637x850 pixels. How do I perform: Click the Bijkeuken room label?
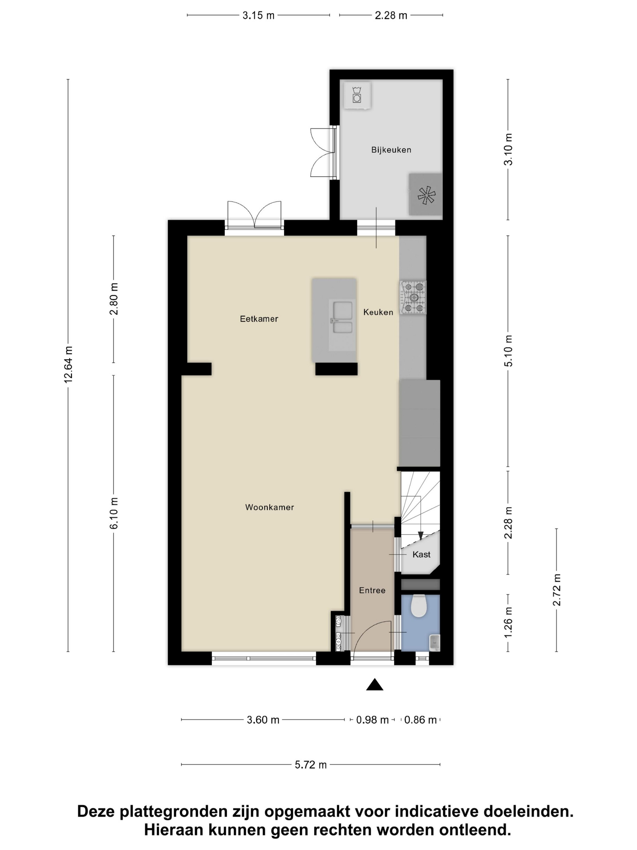pyautogui.click(x=391, y=150)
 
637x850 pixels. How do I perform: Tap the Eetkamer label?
pyautogui.click(x=259, y=318)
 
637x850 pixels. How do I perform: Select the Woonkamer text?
pyautogui.click(x=270, y=507)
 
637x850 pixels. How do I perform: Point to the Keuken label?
pyautogui.click(x=378, y=312)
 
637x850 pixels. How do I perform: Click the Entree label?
pyautogui.click(x=372, y=590)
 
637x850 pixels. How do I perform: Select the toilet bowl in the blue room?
pyautogui.click(x=419, y=606)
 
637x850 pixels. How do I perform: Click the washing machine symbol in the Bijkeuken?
pyautogui.click(x=357, y=95)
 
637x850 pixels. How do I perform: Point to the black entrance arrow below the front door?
pyautogui.click(x=374, y=684)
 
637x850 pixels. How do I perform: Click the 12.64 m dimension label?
pyautogui.click(x=68, y=364)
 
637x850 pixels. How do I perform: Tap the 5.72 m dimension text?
pyautogui.click(x=311, y=765)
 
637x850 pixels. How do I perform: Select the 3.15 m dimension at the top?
pyautogui.click(x=258, y=15)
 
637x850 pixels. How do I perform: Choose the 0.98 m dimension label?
pyautogui.click(x=372, y=720)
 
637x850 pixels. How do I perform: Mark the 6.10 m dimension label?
pyautogui.click(x=114, y=513)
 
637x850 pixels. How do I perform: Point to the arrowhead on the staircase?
pyautogui.click(x=420, y=535)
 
